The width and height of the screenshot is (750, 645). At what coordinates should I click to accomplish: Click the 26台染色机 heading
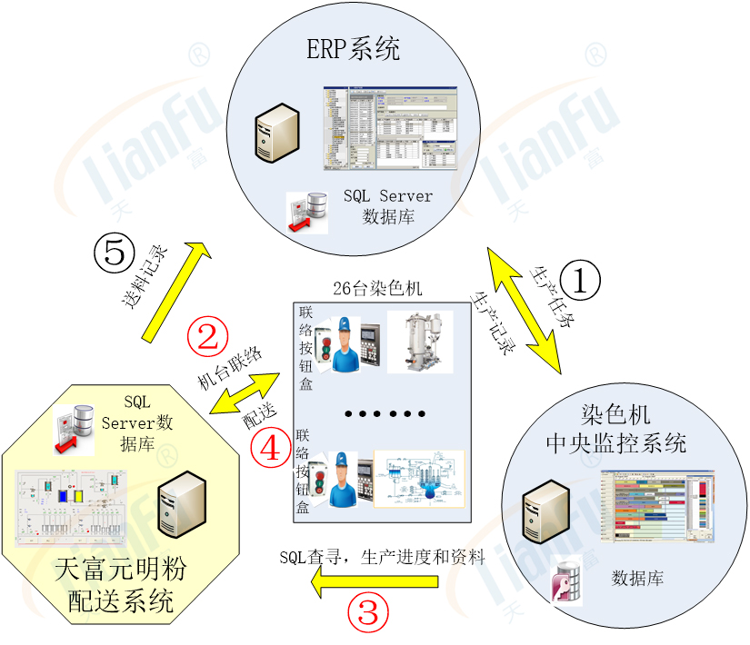point(377,289)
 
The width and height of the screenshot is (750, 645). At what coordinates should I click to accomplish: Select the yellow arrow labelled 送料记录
point(172,292)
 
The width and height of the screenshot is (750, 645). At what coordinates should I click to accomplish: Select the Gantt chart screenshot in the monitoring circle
point(655,510)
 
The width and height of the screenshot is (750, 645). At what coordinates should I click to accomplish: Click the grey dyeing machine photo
point(418,342)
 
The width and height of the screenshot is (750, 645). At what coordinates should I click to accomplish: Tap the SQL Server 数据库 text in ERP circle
point(388,206)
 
